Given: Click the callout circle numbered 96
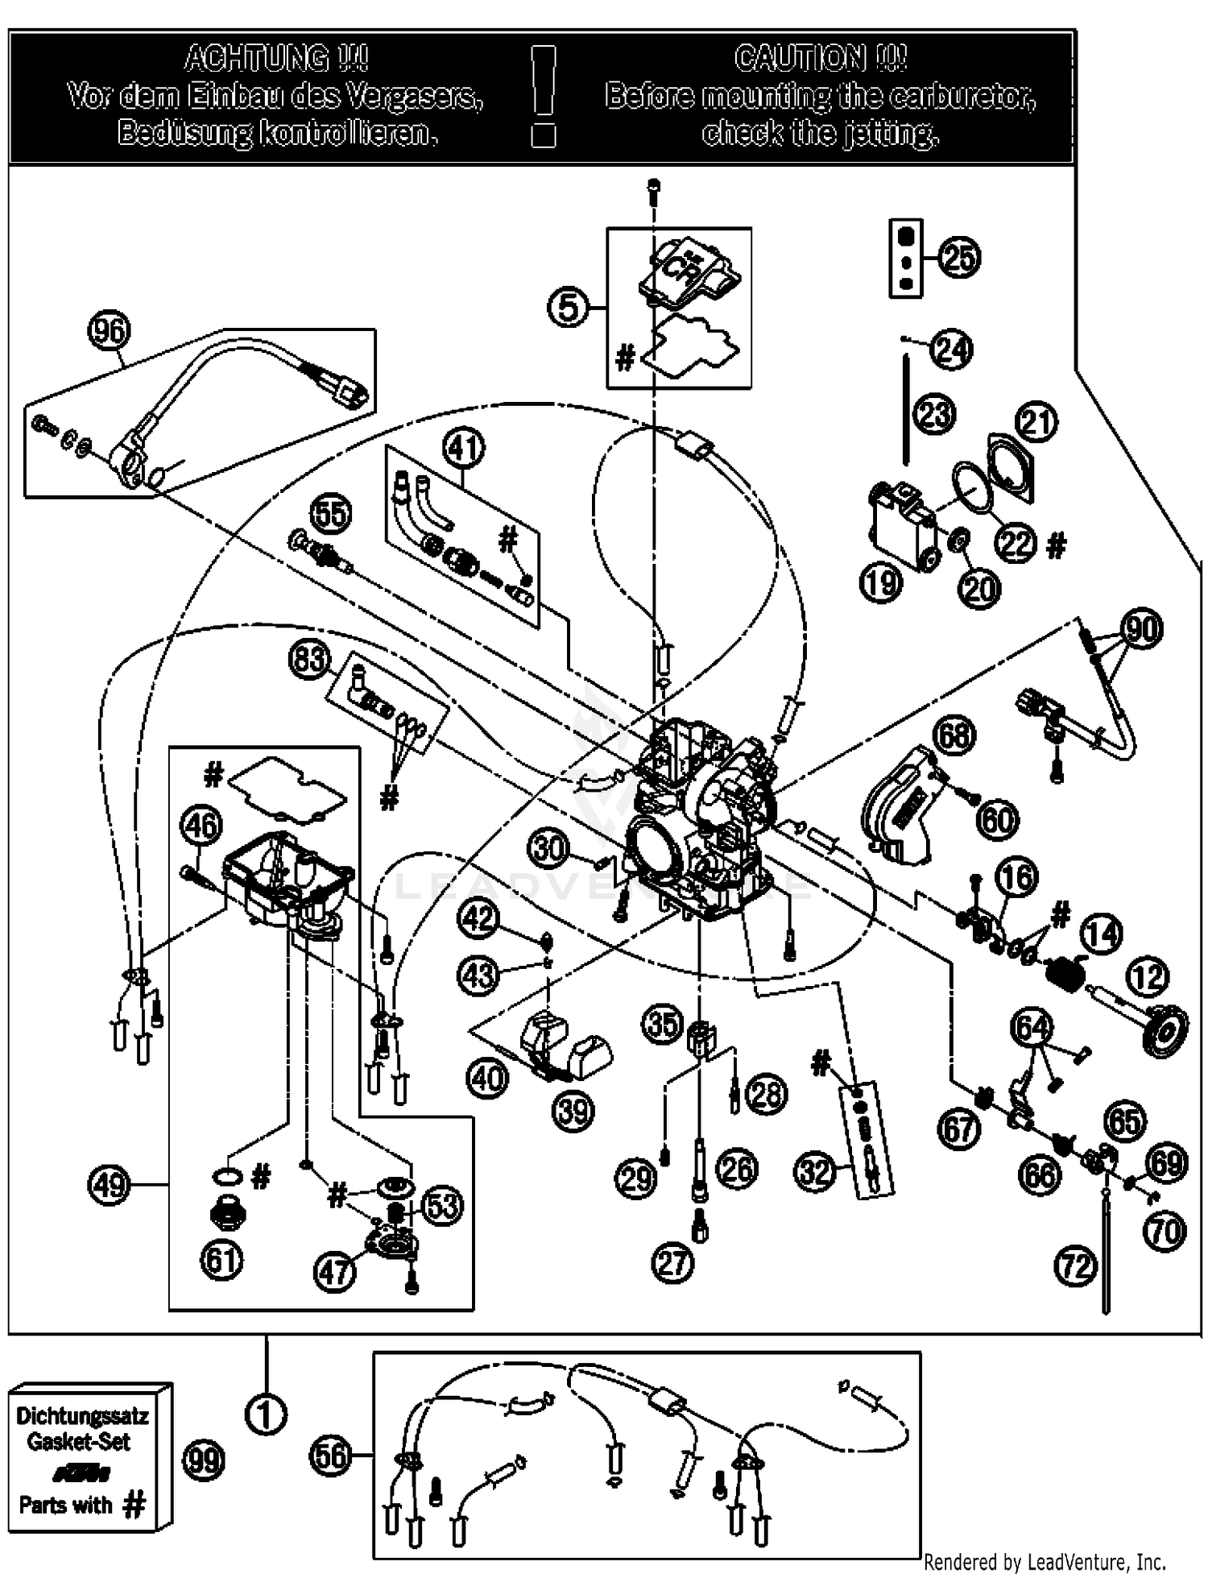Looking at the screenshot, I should point(110,332).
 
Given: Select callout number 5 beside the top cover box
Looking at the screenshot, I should point(568,308).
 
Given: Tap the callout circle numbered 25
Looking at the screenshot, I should point(959,258).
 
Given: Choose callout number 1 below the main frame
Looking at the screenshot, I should point(266,1414).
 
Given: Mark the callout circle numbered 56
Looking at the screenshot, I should point(330,1455).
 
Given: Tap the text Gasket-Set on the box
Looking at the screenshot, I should point(78,1441).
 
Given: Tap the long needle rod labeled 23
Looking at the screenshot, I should point(907,411).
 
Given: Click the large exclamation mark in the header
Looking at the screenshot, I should point(544,81).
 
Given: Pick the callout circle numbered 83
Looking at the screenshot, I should point(309,660).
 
